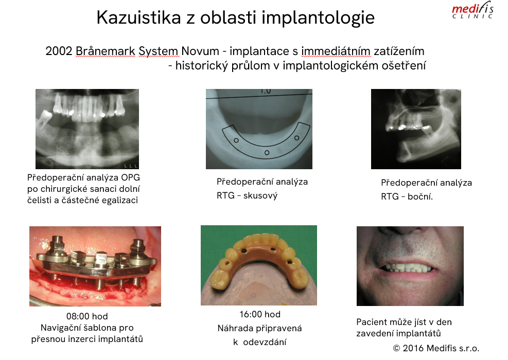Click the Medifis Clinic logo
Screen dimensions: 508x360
(x=472, y=11)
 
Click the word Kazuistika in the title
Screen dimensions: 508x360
(x=138, y=17)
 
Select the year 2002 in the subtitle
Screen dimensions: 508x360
(x=59, y=51)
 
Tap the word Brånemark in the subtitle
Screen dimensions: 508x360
(x=106, y=51)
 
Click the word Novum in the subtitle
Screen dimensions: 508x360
(x=200, y=51)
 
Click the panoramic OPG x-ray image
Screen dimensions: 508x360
(x=87, y=129)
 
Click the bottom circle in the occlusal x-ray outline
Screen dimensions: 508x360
(x=267, y=152)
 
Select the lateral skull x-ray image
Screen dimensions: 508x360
(x=416, y=129)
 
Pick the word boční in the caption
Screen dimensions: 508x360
(x=420, y=196)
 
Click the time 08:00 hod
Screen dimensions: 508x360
(x=87, y=316)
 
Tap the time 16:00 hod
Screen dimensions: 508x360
(x=260, y=314)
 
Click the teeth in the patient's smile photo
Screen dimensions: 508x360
(x=407, y=268)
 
